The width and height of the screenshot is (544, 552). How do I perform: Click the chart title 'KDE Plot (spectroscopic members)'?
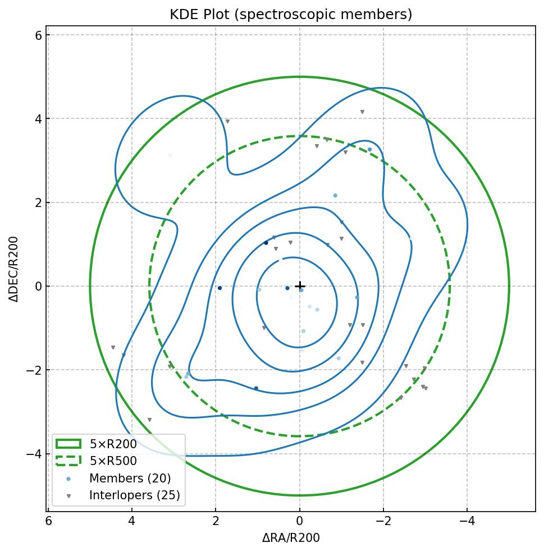pyautogui.click(x=291, y=15)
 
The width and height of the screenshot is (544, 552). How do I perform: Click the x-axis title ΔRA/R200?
pyautogui.click(x=291, y=538)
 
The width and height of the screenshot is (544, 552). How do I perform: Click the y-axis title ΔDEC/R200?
pyautogui.click(x=15, y=269)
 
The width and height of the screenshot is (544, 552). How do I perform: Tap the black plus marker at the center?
pyautogui.click(x=300, y=286)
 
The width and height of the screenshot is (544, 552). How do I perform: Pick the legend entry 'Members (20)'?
pyautogui.click(x=130, y=479)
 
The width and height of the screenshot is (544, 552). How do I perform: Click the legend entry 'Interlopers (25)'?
pyautogui.click(x=134, y=495)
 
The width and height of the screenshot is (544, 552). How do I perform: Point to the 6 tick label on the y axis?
pyautogui.click(x=38, y=35)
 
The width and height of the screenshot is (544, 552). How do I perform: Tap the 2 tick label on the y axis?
pyautogui.click(x=38, y=203)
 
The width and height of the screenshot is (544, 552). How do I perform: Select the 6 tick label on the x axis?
pyautogui.click(x=48, y=521)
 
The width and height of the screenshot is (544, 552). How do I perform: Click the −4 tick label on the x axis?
pyautogui.click(x=467, y=521)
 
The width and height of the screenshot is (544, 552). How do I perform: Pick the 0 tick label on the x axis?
pyautogui.click(x=300, y=521)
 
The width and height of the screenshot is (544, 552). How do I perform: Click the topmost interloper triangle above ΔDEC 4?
pyautogui.click(x=362, y=112)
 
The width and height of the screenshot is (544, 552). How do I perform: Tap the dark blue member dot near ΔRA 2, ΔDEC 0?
pyautogui.click(x=220, y=288)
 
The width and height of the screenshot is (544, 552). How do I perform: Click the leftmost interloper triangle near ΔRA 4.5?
pyautogui.click(x=113, y=348)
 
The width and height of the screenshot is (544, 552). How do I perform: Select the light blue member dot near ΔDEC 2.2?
pyautogui.click(x=335, y=196)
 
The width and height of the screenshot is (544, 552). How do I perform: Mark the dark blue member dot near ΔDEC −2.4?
pyautogui.click(x=256, y=388)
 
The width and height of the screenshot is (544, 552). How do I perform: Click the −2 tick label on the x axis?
pyautogui.click(x=383, y=521)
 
